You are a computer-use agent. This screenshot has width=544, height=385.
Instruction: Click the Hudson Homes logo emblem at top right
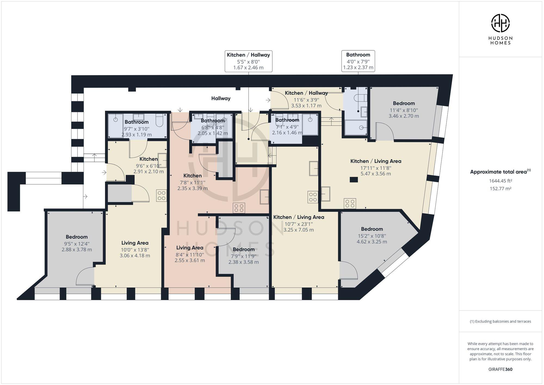click(x=500, y=23)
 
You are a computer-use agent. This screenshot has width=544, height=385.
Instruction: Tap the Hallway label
click(x=221, y=98)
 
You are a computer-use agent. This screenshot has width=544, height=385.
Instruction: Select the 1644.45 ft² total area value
click(x=500, y=181)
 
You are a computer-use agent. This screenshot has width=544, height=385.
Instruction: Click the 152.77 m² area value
click(x=500, y=189)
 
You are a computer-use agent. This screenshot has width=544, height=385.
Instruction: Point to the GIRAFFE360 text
click(x=500, y=369)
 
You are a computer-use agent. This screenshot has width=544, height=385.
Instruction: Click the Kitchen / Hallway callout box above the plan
click(x=248, y=61)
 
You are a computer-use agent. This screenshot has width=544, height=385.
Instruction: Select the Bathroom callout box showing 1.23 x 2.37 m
click(x=358, y=61)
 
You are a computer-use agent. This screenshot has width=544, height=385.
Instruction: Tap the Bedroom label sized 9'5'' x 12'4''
click(x=76, y=237)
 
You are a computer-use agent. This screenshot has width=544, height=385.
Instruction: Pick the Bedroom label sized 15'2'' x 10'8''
click(x=372, y=229)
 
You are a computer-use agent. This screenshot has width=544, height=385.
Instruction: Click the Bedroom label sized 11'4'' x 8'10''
click(x=404, y=103)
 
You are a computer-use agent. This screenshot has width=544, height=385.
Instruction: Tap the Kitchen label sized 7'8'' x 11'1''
click(x=192, y=176)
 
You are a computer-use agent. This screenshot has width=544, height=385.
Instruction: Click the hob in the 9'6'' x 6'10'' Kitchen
click(x=161, y=196)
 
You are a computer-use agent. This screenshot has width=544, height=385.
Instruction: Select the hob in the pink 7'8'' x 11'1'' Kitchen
click(x=239, y=208)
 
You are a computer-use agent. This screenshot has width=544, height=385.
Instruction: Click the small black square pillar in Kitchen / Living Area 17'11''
click(x=354, y=179)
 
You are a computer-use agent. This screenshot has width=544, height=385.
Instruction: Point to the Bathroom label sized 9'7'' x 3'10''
click(x=137, y=122)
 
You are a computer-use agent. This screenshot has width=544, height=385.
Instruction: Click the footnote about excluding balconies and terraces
click(x=500, y=321)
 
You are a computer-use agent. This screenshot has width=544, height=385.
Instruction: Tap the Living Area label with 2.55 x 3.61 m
click(x=190, y=248)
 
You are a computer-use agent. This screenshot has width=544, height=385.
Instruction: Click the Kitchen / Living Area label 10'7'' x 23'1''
click(x=298, y=217)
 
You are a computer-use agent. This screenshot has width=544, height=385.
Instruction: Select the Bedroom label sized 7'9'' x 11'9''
click(x=243, y=250)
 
